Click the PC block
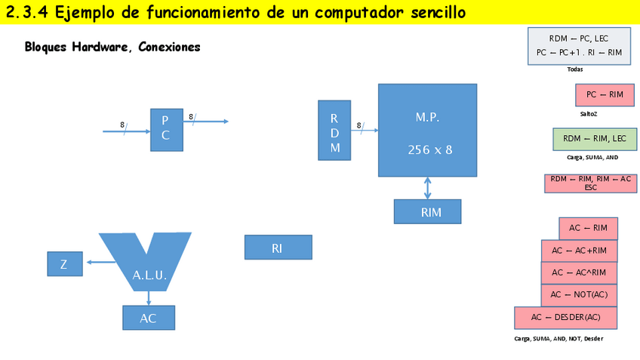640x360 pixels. [x=166, y=130]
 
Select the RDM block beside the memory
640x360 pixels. [x=334, y=130]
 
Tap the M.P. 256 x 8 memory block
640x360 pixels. [x=427, y=130]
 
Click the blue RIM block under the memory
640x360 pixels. [x=427, y=212]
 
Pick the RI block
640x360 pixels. [x=278, y=248]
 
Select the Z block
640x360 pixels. [x=63, y=263]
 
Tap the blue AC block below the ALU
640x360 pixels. [x=149, y=318]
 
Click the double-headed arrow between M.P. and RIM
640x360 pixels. [x=428, y=188]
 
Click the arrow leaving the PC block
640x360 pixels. [x=208, y=121]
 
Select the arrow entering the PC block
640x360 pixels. [x=125, y=131]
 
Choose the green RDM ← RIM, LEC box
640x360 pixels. [x=595, y=139]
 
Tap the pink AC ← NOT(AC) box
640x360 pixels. [x=579, y=294]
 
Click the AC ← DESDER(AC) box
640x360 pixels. [x=565, y=317]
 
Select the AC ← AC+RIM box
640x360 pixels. [x=579, y=251]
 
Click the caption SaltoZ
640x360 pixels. [x=589, y=114]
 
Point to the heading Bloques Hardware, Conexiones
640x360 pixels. [x=112, y=47]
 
